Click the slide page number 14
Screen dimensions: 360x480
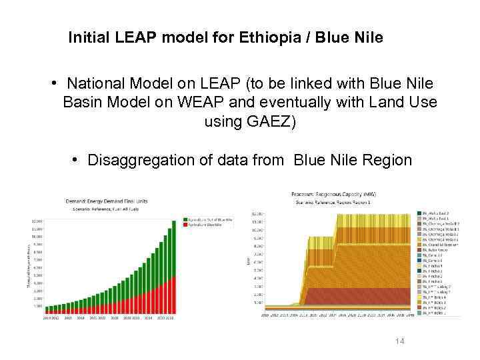[x=399, y=341]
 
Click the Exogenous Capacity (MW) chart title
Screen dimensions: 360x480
[x=333, y=193]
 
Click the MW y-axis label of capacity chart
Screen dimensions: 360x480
[x=248, y=261]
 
